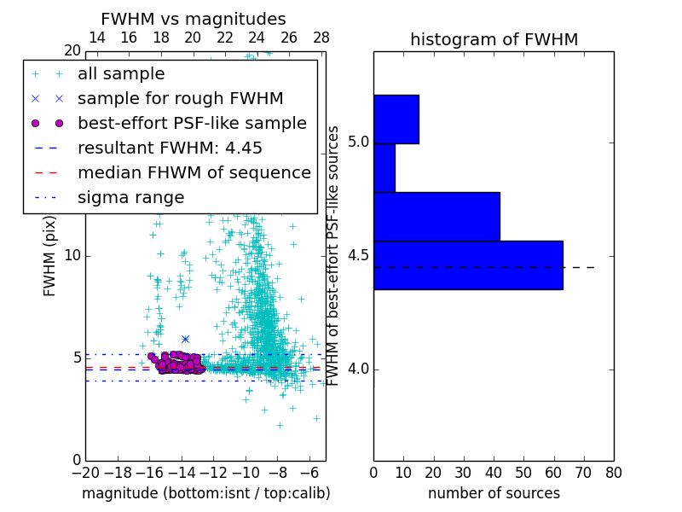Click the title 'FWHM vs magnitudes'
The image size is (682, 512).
click(194, 20)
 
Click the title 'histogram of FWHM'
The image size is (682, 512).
click(494, 40)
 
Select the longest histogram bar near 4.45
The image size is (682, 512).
click(468, 265)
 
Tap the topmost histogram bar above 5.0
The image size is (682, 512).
click(396, 119)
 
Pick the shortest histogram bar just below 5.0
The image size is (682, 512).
click(384, 168)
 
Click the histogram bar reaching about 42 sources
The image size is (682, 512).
click(436, 217)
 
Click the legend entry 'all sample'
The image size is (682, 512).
click(121, 74)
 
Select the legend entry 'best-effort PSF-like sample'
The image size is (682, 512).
click(192, 123)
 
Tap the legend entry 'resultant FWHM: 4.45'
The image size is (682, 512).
click(170, 148)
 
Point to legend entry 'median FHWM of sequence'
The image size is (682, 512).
click(194, 172)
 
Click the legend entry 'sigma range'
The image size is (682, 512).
click(130, 197)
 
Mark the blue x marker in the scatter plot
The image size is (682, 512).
click(185, 339)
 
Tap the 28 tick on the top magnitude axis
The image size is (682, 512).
click(321, 38)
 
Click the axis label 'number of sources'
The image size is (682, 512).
click(494, 493)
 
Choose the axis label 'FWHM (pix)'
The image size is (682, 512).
click(50, 256)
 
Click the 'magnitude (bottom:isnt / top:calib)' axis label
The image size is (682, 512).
click(205, 493)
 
